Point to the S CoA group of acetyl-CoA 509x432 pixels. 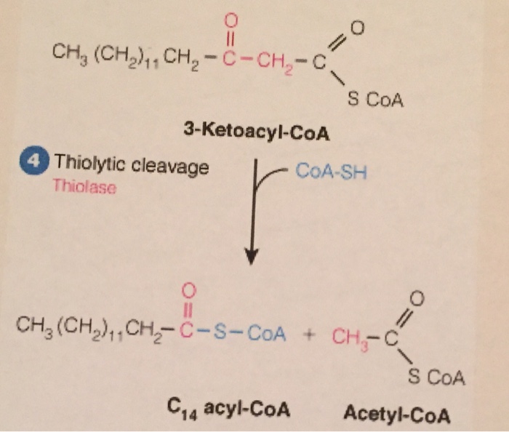pyautogui.click(x=436, y=377)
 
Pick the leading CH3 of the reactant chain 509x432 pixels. pyautogui.click(x=64, y=55)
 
